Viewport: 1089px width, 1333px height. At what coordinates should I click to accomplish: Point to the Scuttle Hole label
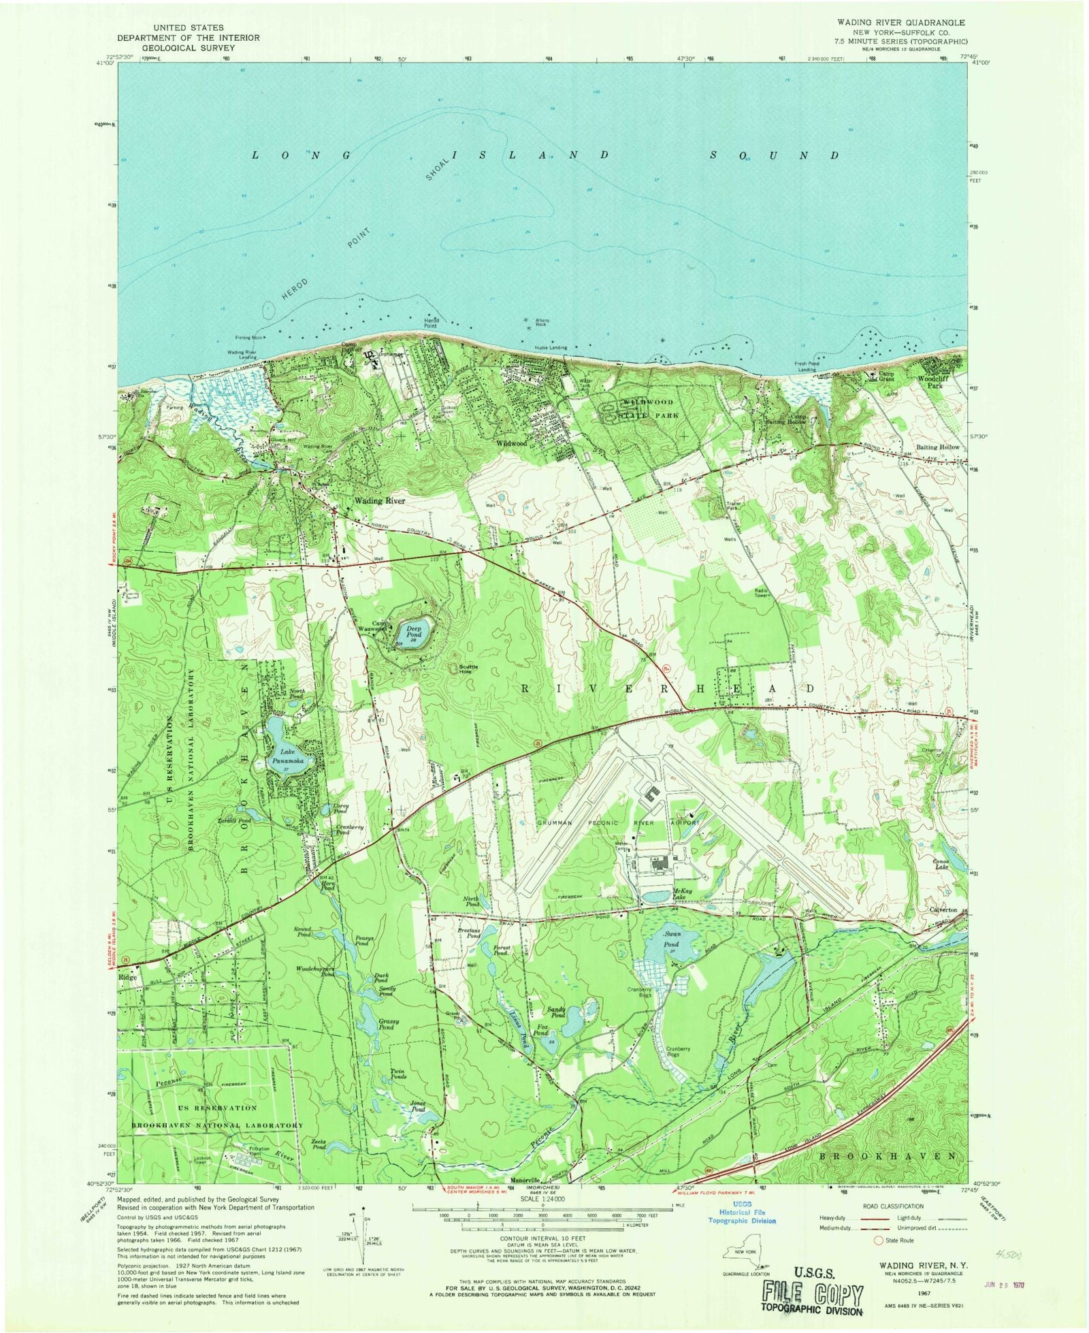coord(469,669)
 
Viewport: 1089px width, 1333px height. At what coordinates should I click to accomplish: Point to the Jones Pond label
coord(417,1106)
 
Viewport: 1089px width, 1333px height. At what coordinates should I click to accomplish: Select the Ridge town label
coord(127,977)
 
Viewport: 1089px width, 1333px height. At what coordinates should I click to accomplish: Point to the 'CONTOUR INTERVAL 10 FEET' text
coord(542,1238)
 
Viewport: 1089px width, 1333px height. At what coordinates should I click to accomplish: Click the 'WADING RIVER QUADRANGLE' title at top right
coord(891,42)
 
